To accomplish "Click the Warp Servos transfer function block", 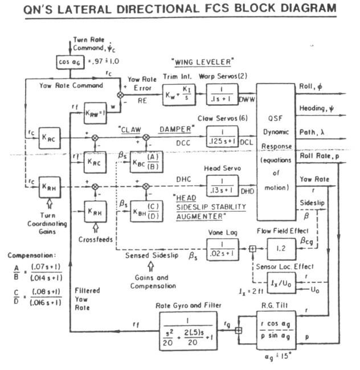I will click(x=225, y=93).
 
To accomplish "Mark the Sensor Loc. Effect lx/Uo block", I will click(x=280, y=280).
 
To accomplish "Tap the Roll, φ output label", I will click(x=310, y=85).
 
